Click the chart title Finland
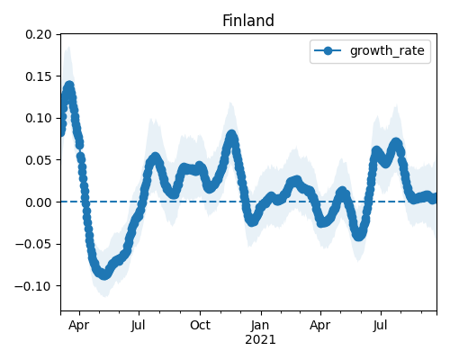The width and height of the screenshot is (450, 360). [x=248, y=21]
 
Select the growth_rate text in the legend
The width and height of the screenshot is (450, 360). [x=387, y=50]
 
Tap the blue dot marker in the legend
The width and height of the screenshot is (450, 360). [x=328, y=50]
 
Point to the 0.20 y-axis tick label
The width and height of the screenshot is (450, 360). [x=39, y=34]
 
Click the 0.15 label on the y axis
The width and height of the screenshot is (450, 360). [x=39, y=76]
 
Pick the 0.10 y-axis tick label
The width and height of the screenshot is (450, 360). [x=39, y=118]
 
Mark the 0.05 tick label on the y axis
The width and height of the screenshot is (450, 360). [x=39, y=160]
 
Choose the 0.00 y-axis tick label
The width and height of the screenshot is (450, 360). [x=39, y=202]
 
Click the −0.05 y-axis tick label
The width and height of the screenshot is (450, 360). [x=33, y=244]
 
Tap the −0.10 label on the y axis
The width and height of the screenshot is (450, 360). [x=33, y=286]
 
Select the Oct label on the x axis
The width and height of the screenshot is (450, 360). [x=200, y=325]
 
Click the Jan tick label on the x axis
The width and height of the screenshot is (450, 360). [x=260, y=325]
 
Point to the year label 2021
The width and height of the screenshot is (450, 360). [x=260, y=340]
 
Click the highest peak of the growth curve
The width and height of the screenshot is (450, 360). [x=69, y=86]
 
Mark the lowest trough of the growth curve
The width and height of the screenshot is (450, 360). [x=104, y=274]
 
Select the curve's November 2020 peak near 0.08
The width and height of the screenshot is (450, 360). [x=231, y=135]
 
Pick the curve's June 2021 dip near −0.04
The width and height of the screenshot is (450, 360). [x=359, y=236]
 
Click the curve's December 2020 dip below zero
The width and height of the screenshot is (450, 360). [x=252, y=220]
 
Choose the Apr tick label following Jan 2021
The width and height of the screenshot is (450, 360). [x=320, y=326]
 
